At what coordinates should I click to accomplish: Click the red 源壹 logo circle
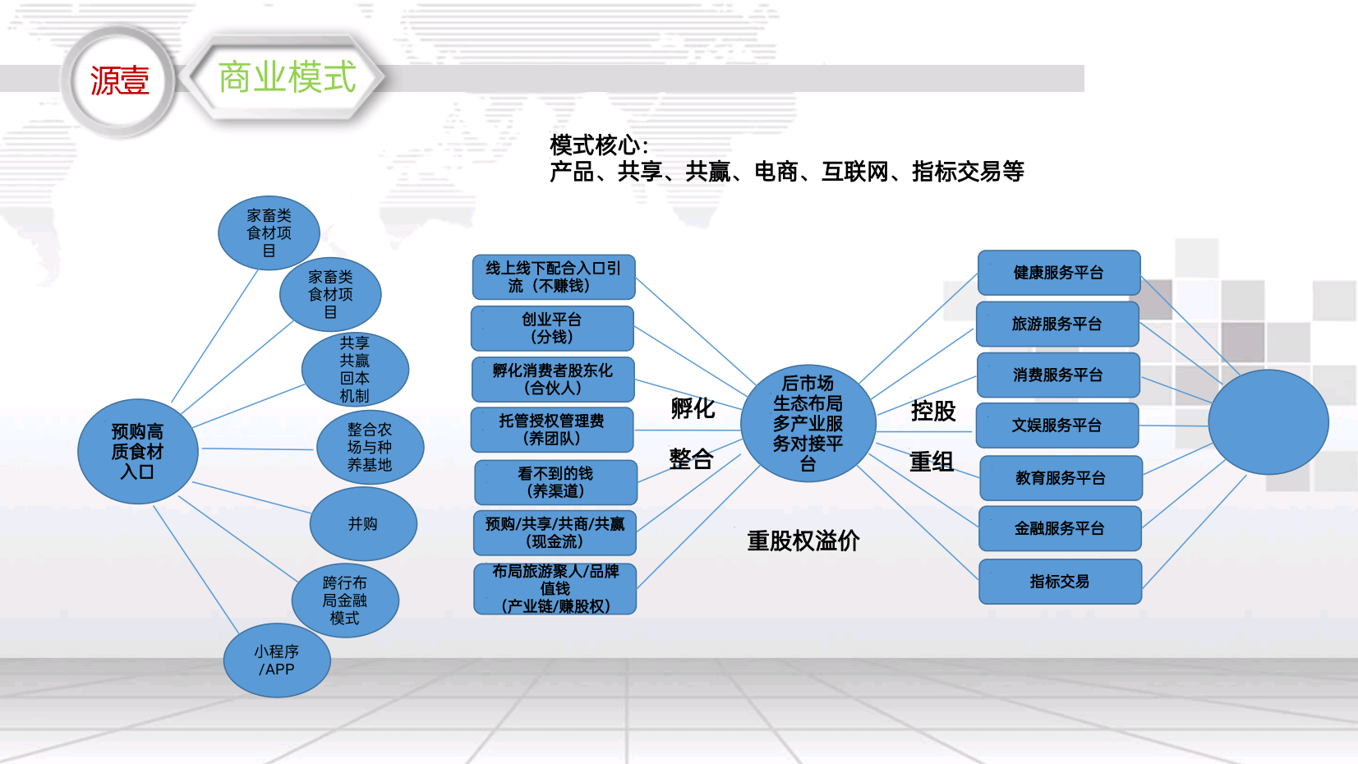click(119, 80)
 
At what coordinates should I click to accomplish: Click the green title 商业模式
click(287, 77)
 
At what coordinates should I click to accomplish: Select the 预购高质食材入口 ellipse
click(138, 451)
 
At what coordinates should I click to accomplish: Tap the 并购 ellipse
click(363, 523)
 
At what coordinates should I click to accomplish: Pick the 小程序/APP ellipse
click(277, 660)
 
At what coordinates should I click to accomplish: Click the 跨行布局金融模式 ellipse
click(345, 601)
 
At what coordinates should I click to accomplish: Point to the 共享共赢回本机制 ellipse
click(355, 370)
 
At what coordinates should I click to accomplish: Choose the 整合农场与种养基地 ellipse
click(370, 447)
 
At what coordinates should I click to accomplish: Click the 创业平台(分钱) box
click(552, 328)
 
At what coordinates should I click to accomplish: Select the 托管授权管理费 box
click(552, 430)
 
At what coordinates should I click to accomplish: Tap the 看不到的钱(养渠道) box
click(555, 482)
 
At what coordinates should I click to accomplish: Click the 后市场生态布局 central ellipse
click(808, 423)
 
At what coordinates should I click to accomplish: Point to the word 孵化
click(693, 408)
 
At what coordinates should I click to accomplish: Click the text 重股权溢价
click(803, 541)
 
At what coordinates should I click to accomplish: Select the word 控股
click(933, 411)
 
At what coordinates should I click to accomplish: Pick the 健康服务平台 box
click(1059, 273)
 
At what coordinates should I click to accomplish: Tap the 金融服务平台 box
click(1060, 529)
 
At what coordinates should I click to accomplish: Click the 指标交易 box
click(1060, 582)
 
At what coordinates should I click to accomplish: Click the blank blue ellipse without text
click(1268, 422)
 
